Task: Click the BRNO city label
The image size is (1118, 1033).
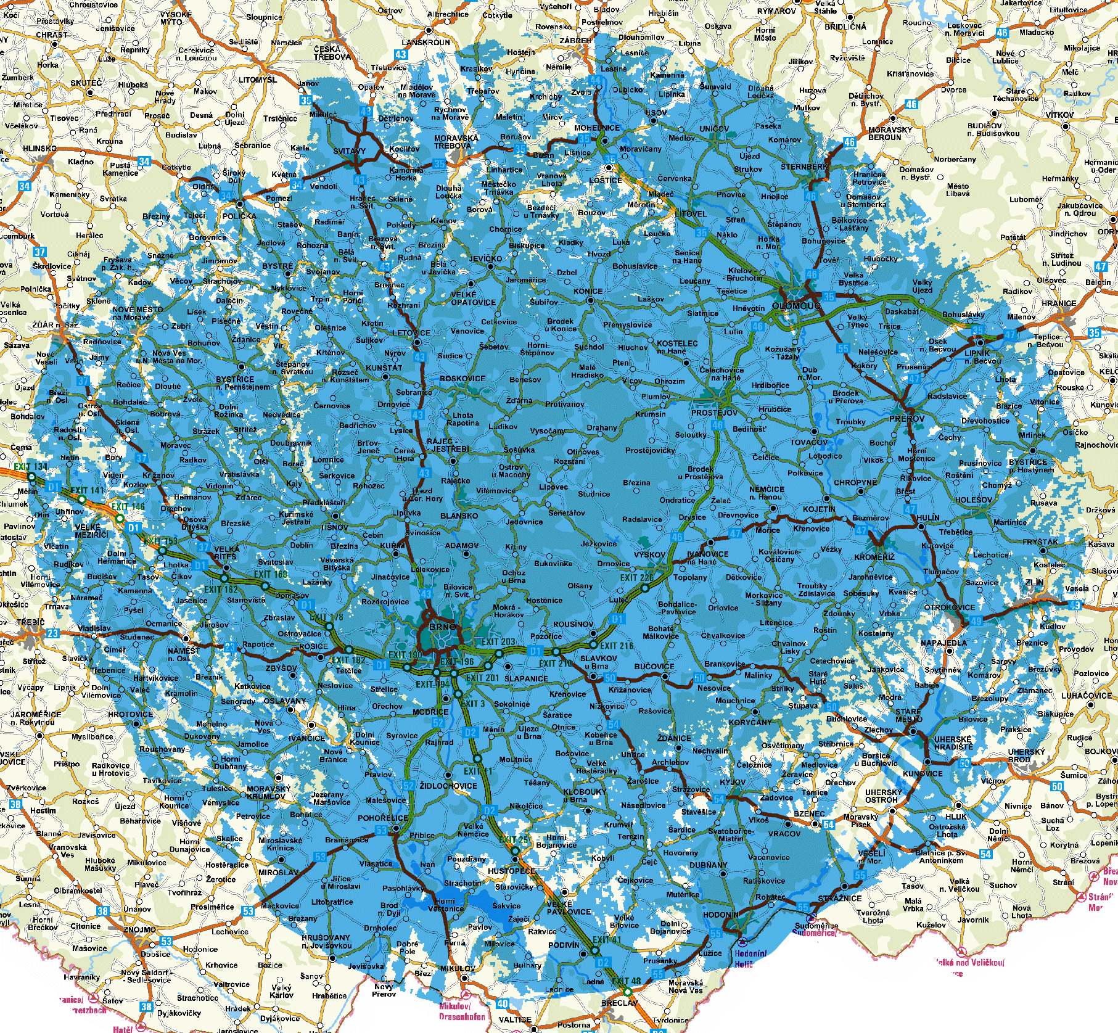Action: point(443,627)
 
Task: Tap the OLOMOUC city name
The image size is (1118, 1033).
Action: point(796,305)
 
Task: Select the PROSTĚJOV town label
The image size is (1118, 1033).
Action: point(714,413)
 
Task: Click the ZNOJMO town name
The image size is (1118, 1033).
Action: point(139,929)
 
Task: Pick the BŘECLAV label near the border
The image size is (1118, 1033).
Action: point(619,1003)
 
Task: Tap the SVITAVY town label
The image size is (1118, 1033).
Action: point(350,151)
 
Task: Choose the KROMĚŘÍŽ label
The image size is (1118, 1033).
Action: point(874,557)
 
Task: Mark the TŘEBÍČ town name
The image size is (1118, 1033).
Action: point(31,622)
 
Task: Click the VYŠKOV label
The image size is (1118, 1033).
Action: point(650,554)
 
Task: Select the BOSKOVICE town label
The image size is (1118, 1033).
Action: point(462,379)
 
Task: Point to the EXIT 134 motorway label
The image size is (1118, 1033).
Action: point(31,467)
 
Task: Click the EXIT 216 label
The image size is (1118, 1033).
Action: point(617,646)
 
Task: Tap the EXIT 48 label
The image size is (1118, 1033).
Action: point(626,981)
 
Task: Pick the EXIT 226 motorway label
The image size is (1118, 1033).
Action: point(636,578)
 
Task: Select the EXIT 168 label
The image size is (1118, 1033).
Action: point(270,574)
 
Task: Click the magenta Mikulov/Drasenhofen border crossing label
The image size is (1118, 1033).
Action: point(462,1011)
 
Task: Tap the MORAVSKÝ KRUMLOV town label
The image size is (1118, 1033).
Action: point(268,792)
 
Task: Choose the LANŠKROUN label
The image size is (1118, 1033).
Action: point(426,43)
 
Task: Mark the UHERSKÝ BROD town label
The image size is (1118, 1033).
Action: point(1027,755)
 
